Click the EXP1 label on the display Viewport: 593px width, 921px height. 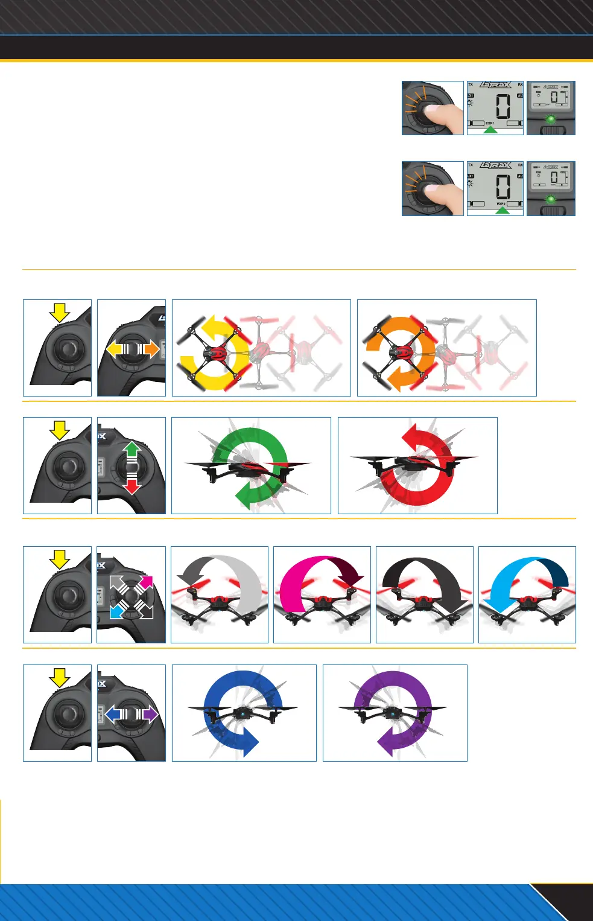490,123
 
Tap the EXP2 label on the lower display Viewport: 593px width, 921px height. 501,204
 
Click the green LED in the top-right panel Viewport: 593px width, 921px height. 550,119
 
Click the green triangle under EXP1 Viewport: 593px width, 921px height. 491,130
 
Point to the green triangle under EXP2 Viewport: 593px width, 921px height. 502,211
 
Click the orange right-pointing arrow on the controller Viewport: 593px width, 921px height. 151,349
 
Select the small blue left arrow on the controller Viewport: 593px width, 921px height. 113,715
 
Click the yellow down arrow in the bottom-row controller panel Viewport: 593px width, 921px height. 59,678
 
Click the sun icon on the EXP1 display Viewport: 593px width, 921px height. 471,103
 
